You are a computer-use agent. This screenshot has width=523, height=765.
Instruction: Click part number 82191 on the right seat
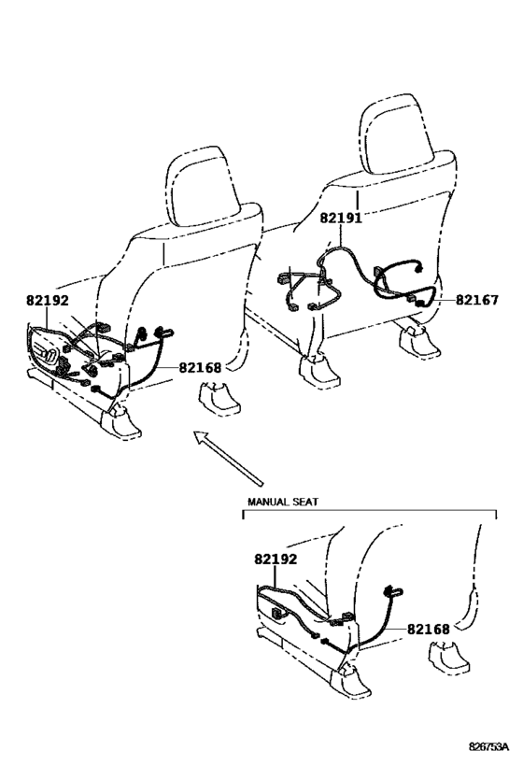point(341,218)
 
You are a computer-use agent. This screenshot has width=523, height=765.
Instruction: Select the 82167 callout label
point(476,301)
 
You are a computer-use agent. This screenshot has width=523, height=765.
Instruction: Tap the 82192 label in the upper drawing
point(48,301)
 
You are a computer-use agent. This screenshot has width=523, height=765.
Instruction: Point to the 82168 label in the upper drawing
point(200,368)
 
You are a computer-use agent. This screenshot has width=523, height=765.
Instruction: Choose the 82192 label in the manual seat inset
point(276,560)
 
